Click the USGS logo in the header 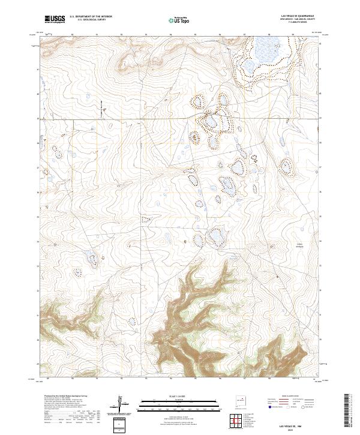pyautogui.click(x=55, y=20)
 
